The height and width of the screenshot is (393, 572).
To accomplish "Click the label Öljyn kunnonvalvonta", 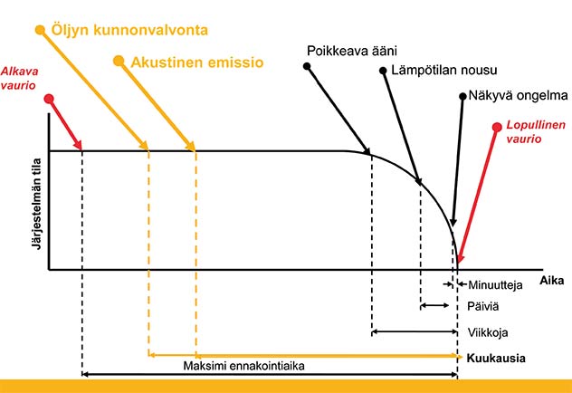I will coord(130,30).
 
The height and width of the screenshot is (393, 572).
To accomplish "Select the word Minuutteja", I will coord(496,286).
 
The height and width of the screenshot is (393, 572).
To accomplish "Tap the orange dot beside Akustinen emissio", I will coord(119,62).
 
